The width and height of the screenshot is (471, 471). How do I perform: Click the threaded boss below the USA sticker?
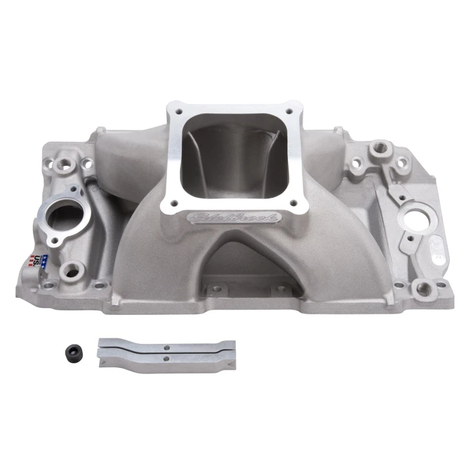72,270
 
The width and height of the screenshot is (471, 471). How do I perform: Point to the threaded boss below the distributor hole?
422,287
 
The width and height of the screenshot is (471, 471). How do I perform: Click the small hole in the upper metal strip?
167,344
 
